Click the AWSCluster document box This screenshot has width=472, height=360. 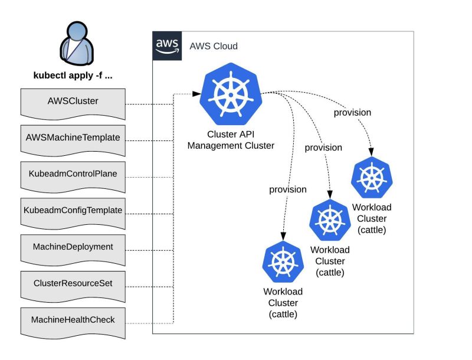pyautogui.click(x=73, y=102)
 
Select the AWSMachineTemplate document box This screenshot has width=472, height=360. pyautogui.click(x=73, y=138)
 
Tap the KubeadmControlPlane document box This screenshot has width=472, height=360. pyautogui.click(x=73, y=175)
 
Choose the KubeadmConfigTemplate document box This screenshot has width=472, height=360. pyautogui.click(x=73, y=211)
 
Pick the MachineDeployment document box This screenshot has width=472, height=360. pyautogui.click(x=73, y=247)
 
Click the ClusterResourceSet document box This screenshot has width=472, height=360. pyautogui.click(x=73, y=284)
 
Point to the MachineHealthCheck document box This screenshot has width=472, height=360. pyautogui.click(x=73, y=320)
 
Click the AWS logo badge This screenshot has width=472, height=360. pyautogui.click(x=168, y=45)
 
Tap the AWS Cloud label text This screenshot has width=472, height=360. pyautogui.click(x=214, y=46)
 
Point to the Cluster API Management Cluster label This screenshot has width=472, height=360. pyautogui.click(x=231, y=140)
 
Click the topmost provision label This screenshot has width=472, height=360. pyautogui.click(x=352, y=113)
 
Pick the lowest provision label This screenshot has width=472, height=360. pyautogui.click(x=287, y=189)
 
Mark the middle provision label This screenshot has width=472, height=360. pyautogui.click(x=323, y=148)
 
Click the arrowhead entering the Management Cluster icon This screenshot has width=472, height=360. pyautogui.click(x=197, y=93)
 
